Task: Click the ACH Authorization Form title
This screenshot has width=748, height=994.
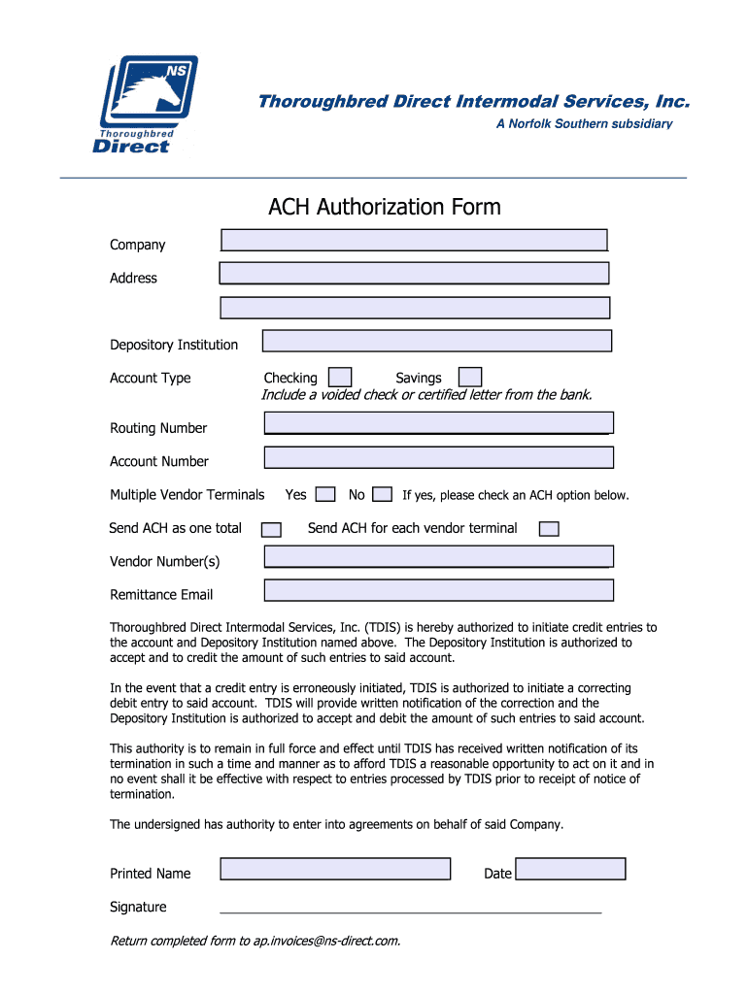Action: point(384,207)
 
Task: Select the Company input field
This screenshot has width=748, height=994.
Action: point(414,240)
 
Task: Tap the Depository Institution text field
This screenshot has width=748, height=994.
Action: point(437,341)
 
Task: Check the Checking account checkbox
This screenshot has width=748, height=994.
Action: point(340,377)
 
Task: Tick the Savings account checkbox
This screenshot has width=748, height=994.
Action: point(470,377)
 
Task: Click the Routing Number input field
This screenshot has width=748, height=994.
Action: point(438,422)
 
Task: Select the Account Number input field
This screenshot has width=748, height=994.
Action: point(438,457)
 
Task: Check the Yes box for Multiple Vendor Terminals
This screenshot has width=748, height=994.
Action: point(326,495)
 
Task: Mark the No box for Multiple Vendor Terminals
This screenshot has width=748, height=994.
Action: point(383,495)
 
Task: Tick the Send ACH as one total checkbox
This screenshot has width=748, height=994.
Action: point(272,529)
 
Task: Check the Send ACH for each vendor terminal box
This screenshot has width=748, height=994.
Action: point(549,529)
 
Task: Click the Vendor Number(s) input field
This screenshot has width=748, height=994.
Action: point(438,556)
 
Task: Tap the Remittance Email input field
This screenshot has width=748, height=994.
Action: point(438,590)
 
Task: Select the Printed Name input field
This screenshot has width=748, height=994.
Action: point(335,869)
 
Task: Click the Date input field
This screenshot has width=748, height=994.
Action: point(570,869)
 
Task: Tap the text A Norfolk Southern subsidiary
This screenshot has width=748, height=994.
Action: point(584,124)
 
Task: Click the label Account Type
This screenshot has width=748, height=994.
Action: point(151,378)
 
